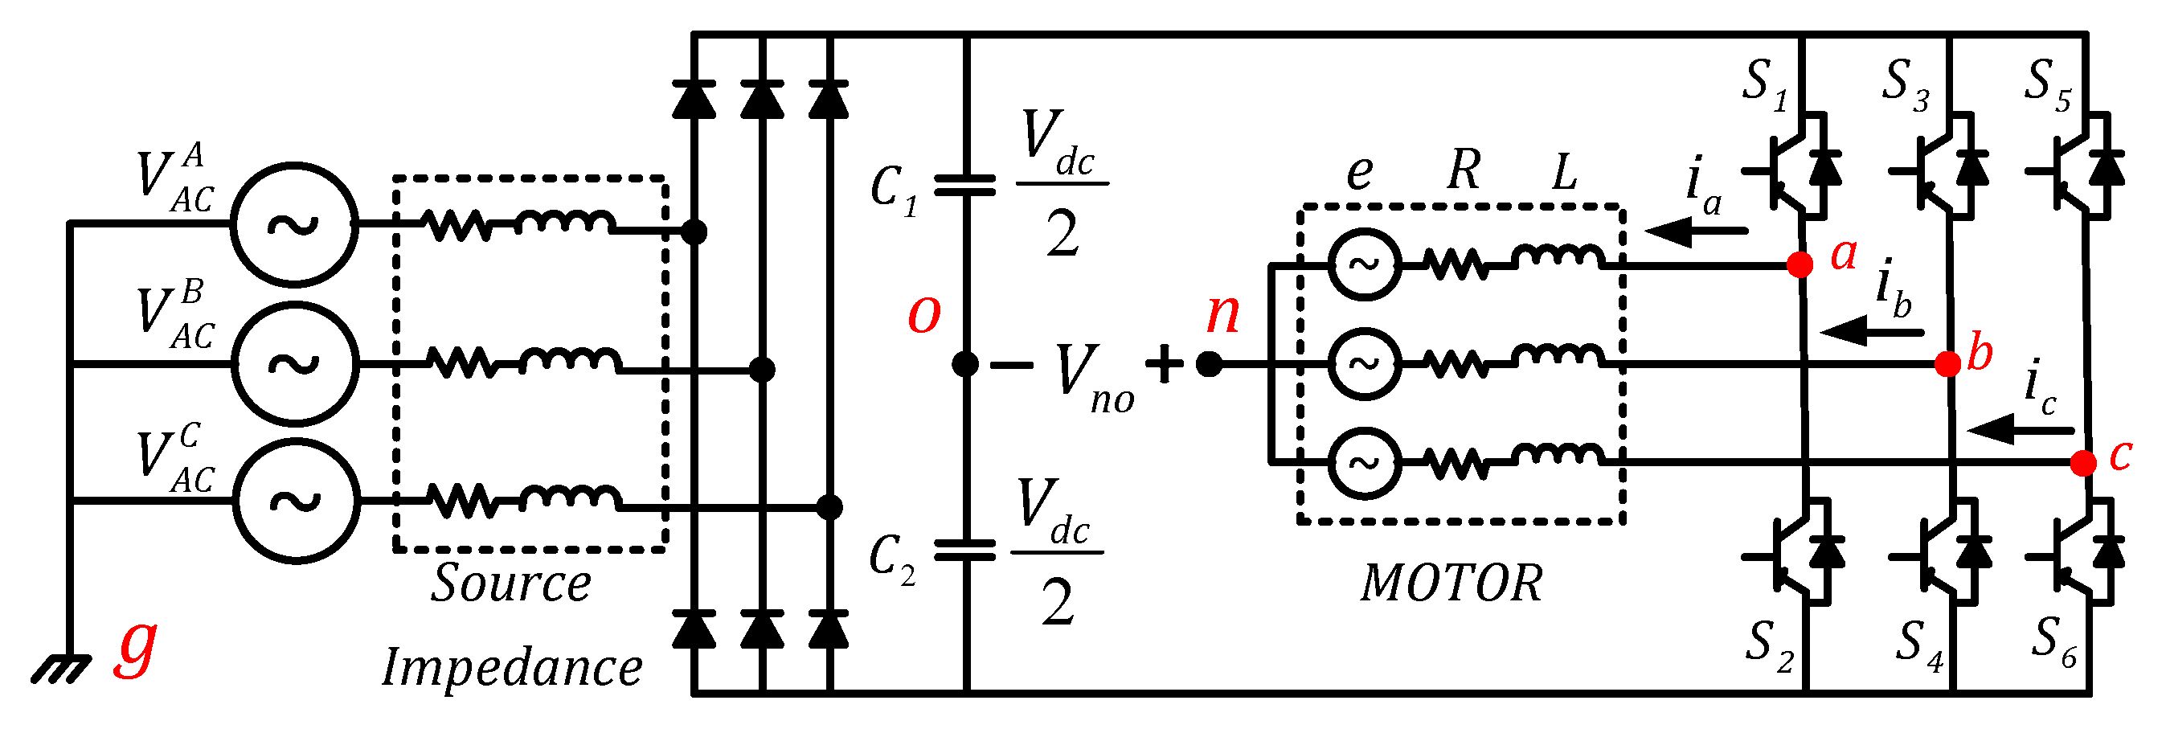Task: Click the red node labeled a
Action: [x=1800, y=265]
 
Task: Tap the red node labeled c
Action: [x=2082, y=463]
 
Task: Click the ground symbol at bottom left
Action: [x=60, y=670]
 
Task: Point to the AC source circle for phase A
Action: [x=294, y=224]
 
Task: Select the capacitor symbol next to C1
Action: [x=965, y=185]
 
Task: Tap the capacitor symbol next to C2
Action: [x=965, y=551]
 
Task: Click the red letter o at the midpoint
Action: [x=923, y=313]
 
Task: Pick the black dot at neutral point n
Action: [x=1209, y=364]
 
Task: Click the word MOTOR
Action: [x=1452, y=583]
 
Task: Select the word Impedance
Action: [x=512, y=669]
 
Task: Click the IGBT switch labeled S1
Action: [x=1796, y=168]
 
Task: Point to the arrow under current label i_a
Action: [x=1694, y=231]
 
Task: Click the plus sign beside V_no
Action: [x=1165, y=364]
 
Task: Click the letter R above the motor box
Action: [x=1464, y=170]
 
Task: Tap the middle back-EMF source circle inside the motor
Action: [x=1364, y=364]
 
